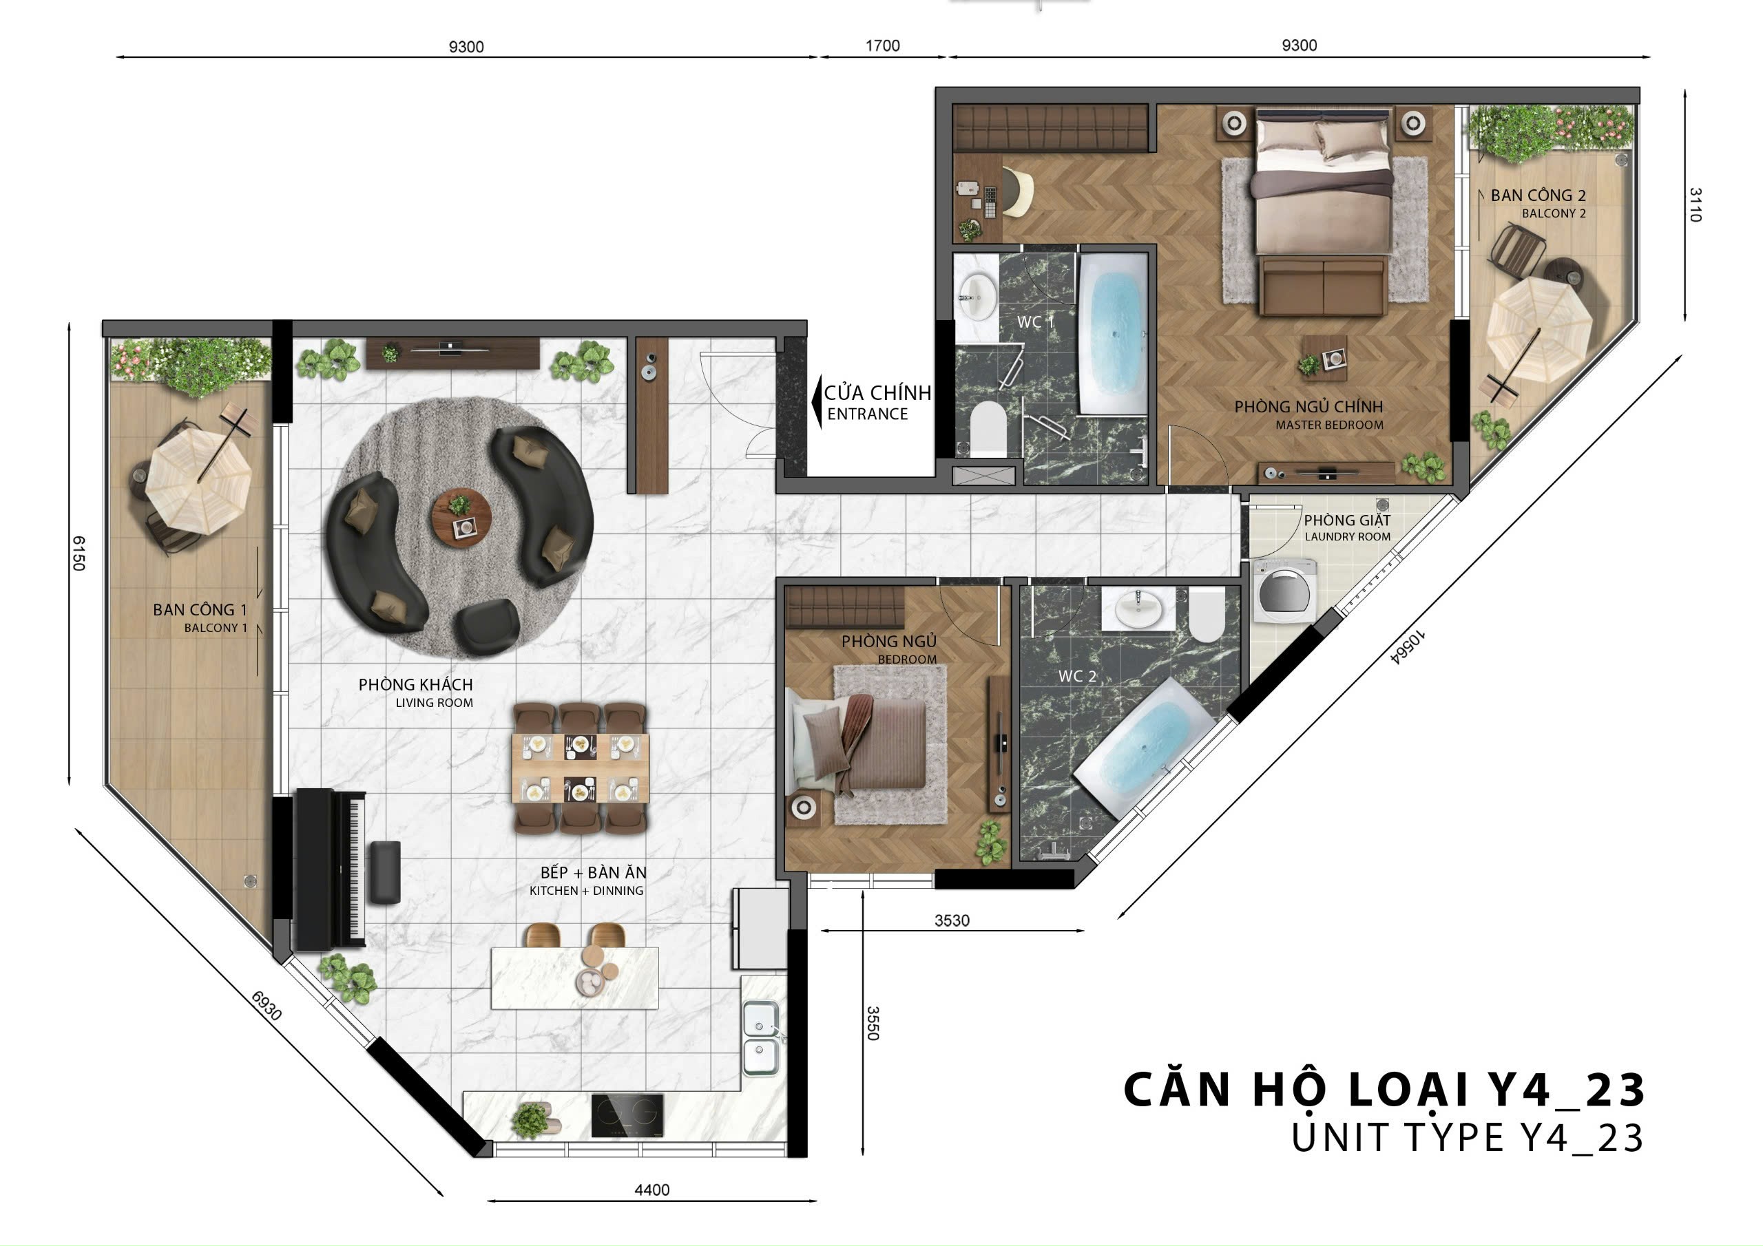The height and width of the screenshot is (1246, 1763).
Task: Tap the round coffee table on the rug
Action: point(461,518)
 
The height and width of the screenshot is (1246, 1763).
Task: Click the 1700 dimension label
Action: point(882,45)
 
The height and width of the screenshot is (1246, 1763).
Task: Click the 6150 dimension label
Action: point(79,553)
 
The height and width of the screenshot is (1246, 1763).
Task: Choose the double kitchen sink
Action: point(760,1038)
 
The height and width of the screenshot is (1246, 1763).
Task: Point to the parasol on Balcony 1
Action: point(199,481)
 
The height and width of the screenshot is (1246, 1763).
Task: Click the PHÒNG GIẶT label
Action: point(1347,520)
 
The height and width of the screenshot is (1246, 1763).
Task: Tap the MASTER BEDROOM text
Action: point(1329,425)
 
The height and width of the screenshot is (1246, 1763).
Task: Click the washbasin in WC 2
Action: point(1139,609)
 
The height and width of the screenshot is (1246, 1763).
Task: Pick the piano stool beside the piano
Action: point(385,872)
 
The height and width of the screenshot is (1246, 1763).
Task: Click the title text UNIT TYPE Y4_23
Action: point(1468,1138)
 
